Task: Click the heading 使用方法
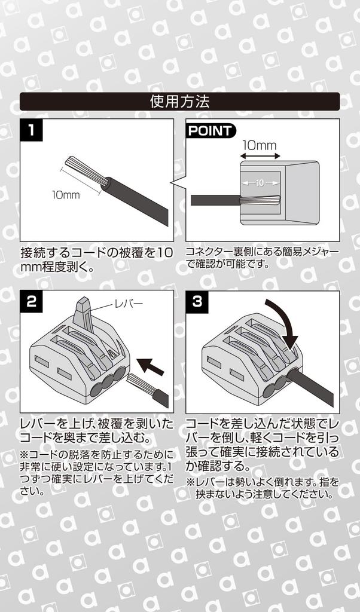179,102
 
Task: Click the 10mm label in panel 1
65,195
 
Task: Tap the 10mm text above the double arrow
259,145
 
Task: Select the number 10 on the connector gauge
260,183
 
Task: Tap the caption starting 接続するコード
96,259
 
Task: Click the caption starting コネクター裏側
262,258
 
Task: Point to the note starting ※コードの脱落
96,472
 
